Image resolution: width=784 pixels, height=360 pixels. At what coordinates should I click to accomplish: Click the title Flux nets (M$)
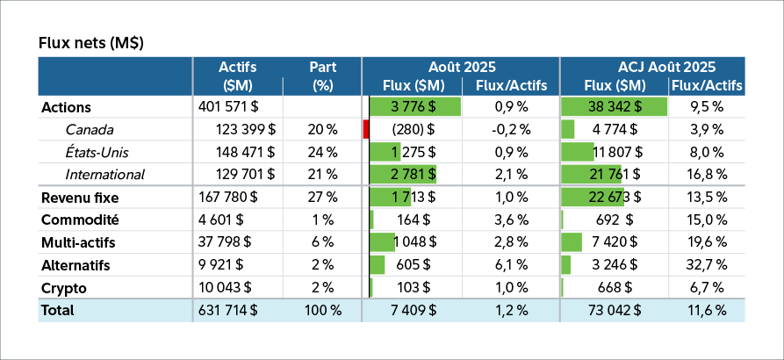(91, 42)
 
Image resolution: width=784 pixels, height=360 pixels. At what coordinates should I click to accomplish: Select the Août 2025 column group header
(462, 67)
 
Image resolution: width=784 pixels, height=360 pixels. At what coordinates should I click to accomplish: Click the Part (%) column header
(322, 76)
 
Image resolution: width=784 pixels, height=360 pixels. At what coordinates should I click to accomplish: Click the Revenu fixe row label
(80, 198)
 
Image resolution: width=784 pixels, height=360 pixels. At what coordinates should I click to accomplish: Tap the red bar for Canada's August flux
(365, 130)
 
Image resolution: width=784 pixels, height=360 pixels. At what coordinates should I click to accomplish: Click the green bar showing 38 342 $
(614, 107)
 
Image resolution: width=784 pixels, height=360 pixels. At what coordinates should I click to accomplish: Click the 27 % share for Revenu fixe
(322, 198)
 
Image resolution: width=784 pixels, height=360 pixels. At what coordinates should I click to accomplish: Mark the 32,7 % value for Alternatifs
(706, 265)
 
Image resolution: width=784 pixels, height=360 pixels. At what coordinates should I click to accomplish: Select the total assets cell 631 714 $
(229, 310)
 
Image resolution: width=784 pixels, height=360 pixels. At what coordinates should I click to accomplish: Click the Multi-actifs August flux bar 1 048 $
(383, 242)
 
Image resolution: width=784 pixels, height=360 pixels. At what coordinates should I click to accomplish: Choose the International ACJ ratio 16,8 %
(706, 175)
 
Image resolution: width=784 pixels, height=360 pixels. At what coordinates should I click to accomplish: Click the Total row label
(58, 310)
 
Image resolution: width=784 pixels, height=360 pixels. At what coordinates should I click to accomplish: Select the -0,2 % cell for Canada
(509, 130)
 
